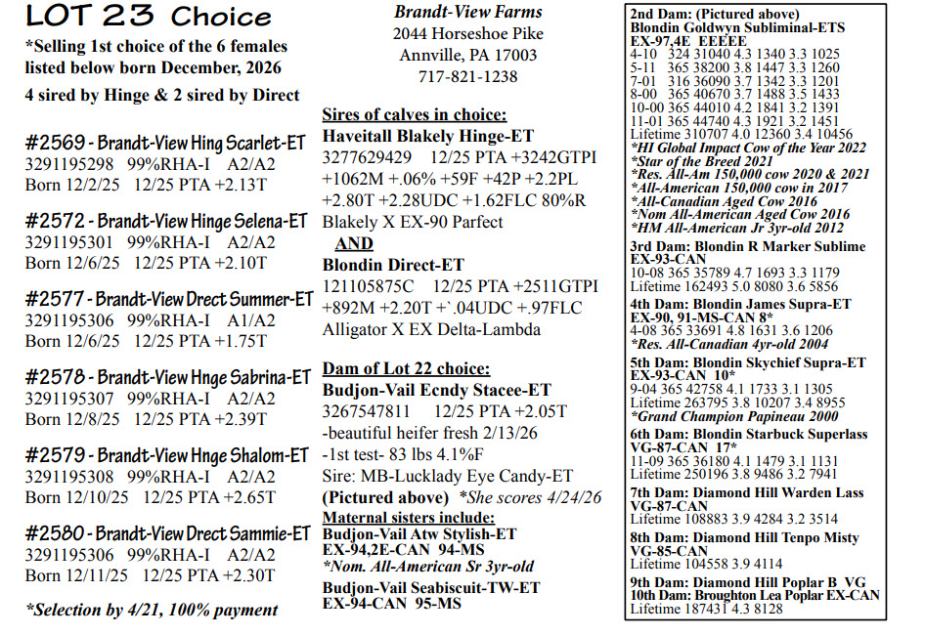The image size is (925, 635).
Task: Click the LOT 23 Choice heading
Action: pos(149,17)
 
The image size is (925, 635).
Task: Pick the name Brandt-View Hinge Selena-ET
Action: pos(202,221)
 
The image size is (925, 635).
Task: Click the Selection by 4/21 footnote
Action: pos(152,610)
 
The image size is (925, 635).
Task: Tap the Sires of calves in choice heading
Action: pos(415,114)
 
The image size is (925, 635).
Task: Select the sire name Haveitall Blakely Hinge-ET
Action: pos(428,136)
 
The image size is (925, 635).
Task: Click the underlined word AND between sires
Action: pos(353,243)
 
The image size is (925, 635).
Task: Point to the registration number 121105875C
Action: pos(368,286)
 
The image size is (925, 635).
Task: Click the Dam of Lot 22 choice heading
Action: pos(406,369)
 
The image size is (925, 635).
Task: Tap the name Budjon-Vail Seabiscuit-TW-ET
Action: pos(430,588)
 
